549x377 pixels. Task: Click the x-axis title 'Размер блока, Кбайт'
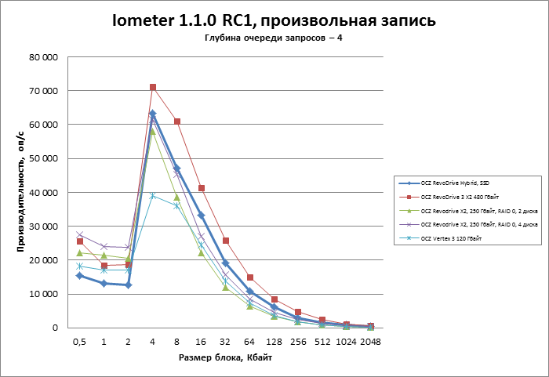pyautogui.click(x=224, y=357)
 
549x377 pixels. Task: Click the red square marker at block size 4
pyautogui.click(x=153, y=87)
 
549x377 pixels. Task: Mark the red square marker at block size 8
pyautogui.click(x=177, y=121)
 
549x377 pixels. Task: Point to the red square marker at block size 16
pyautogui.click(x=202, y=188)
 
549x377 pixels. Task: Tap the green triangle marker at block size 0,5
pyautogui.click(x=79, y=252)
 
